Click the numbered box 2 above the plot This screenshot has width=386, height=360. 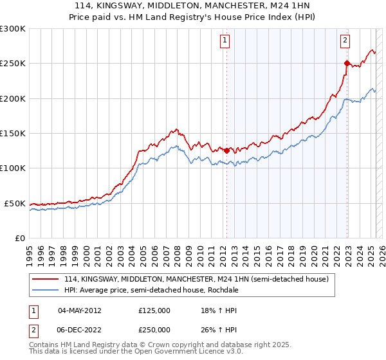[345, 40]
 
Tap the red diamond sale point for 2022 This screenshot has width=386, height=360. [347, 63]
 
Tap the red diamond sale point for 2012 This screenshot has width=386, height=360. [226, 150]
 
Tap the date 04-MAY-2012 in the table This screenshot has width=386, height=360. [79, 310]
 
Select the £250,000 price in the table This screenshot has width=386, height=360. [154, 329]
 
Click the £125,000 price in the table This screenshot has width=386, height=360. [154, 310]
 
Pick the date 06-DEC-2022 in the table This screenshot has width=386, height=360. [79, 329]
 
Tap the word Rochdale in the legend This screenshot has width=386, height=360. [234, 290]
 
